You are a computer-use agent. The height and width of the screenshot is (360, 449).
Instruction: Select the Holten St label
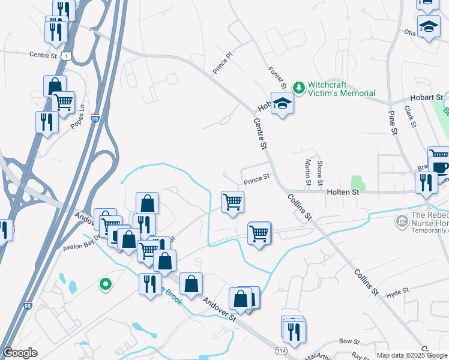[343, 192]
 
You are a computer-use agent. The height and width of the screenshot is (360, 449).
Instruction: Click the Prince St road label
[257, 179]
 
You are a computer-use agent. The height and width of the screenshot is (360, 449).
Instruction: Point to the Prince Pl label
[222, 65]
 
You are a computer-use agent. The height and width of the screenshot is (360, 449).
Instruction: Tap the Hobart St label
[426, 97]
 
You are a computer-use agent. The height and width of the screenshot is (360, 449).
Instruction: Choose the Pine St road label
[393, 122]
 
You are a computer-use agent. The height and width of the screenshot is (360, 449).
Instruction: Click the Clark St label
[411, 116]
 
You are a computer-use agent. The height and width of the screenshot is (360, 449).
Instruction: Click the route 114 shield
[281, 350]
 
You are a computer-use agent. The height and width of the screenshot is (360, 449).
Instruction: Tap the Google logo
[20, 353]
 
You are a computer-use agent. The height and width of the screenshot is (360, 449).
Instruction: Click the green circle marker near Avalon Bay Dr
[105, 284]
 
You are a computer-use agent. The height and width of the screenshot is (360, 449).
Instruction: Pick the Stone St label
[320, 173]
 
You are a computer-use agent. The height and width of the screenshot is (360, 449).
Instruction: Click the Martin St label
[307, 172]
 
